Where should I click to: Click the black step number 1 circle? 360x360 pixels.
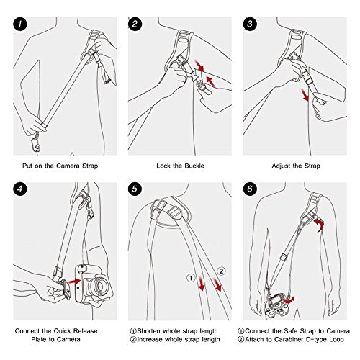(x=20, y=24)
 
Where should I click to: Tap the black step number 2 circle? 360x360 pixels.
(x=135, y=24)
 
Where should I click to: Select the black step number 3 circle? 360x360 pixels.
(x=250, y=24)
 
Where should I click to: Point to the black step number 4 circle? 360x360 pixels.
(x=20, y=189)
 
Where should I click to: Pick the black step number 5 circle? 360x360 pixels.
(x=135, y=189)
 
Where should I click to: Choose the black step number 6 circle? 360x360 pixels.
(x=250, y=189)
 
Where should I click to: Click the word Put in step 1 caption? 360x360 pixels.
(x=27, y=166)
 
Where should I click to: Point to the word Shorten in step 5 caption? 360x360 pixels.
(x=148, y=331)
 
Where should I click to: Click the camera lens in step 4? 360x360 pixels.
(x=98, y=286)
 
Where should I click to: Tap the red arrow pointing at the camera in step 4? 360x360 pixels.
(x=74, y=281)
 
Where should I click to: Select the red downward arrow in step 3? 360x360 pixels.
(x=305, y=95)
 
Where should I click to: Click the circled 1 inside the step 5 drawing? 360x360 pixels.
(x=191, y=278)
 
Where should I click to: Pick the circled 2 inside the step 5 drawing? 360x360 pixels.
(x=221, y=271)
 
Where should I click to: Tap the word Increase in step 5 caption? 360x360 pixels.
(x=150, y=340)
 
